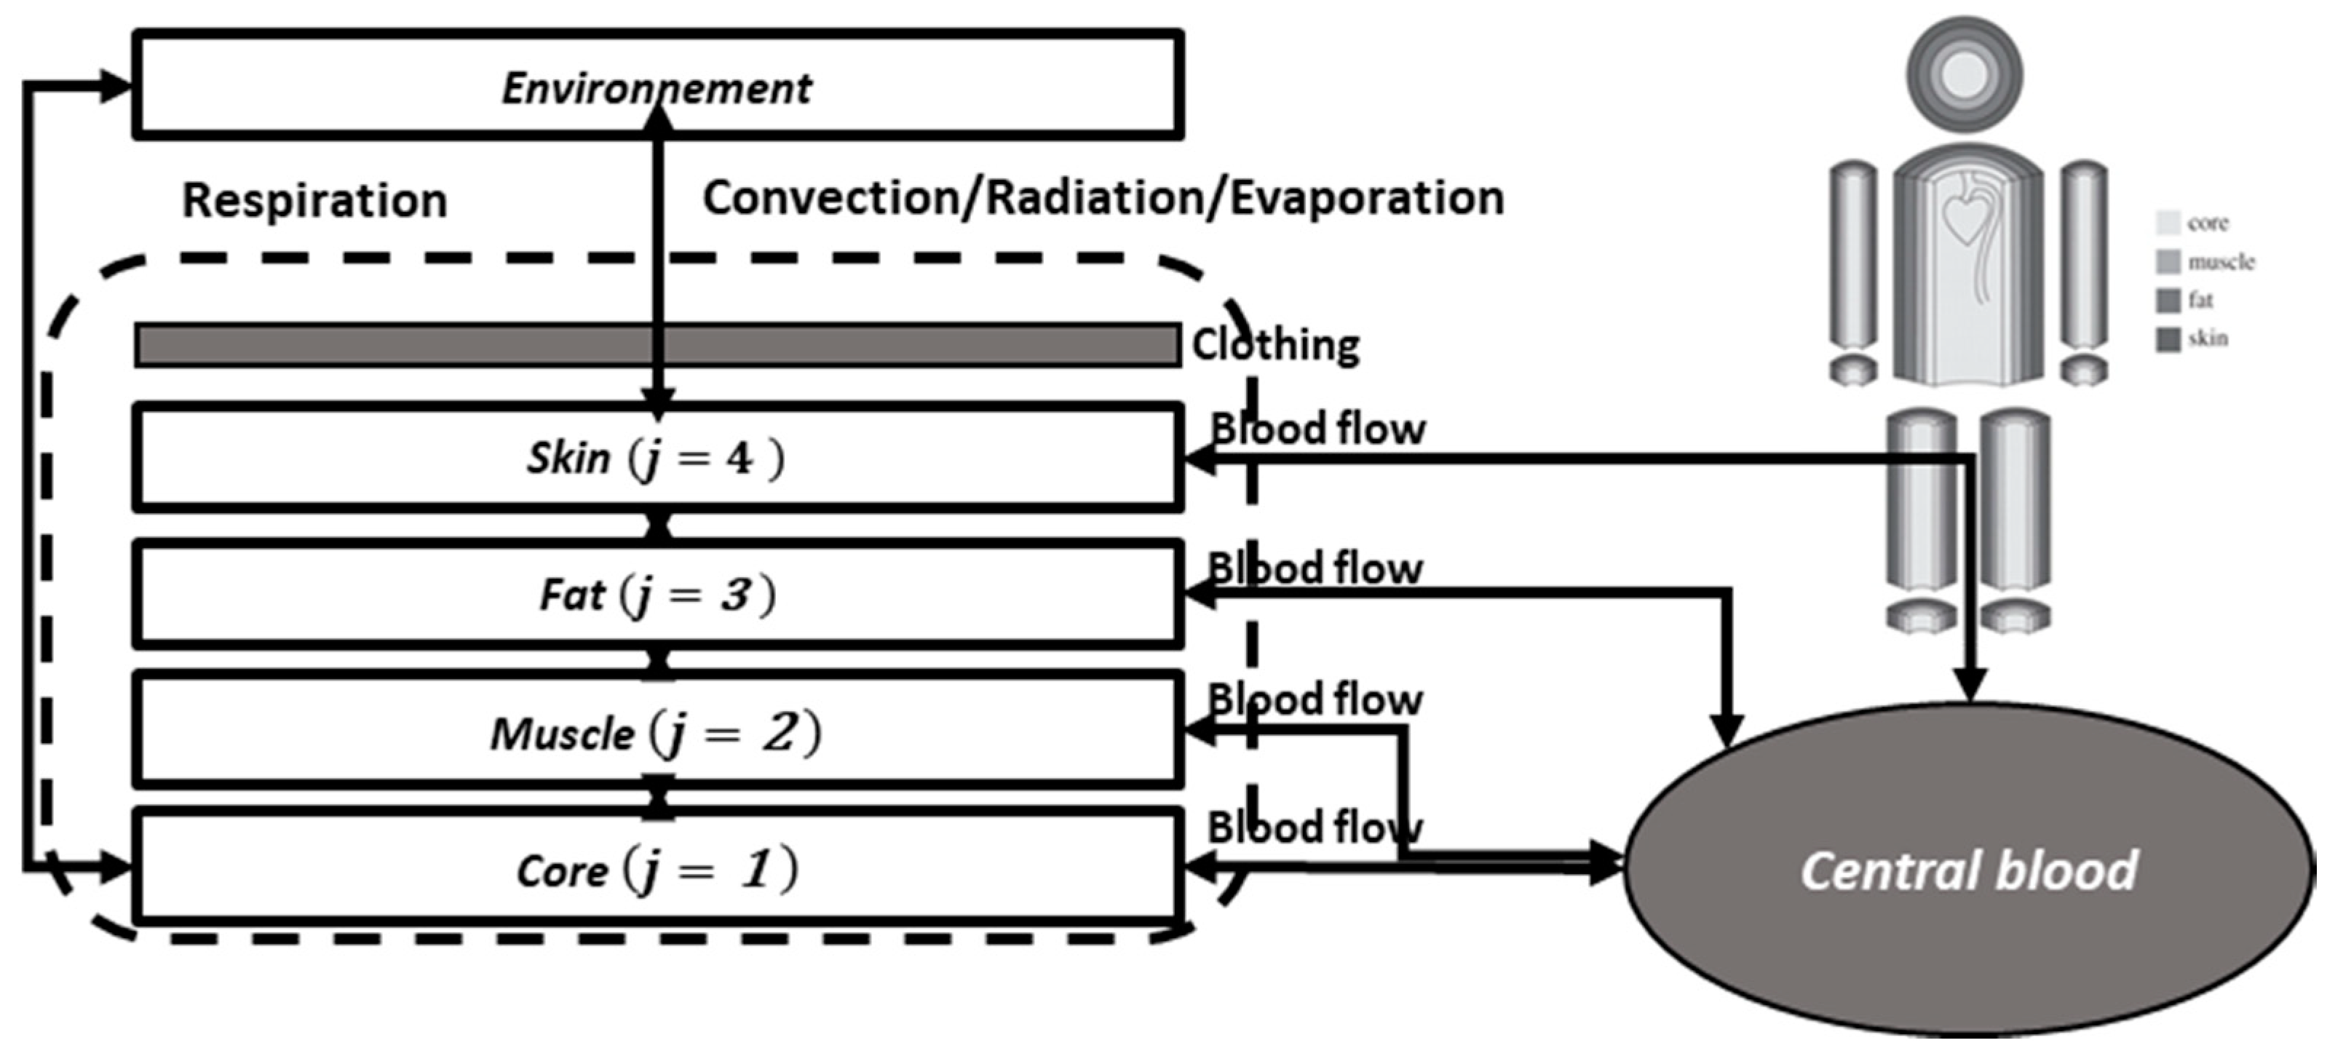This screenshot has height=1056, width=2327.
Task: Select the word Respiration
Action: point(315,199)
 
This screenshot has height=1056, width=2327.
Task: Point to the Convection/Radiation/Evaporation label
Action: point(1103,199)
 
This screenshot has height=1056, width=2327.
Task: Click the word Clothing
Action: point(1275,345)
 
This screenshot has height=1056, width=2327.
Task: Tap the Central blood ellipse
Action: point(1970,870)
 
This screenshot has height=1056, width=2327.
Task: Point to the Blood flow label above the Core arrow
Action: point(1315,827)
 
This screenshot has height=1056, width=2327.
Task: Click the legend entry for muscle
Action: point(2204,262)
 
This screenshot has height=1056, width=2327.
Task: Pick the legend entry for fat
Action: point(2184,300)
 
